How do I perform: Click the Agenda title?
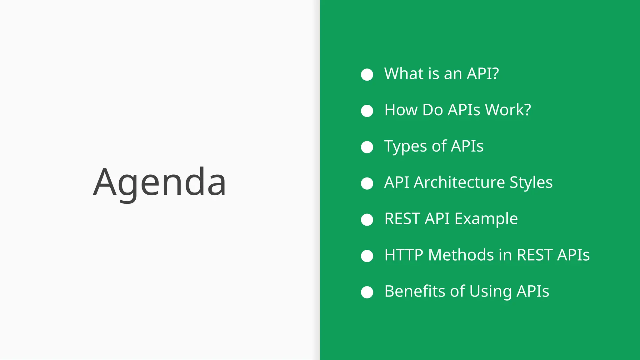pos(159,182)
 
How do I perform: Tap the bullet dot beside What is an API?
pos(367,75)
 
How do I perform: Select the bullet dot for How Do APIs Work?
pos(367,111)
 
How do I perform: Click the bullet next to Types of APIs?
pos(367,147)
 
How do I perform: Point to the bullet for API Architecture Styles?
pos(367,183)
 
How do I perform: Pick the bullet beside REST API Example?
pos(367,220)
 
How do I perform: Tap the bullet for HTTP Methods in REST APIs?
pos(367,256)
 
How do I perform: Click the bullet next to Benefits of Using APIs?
pos(367,292)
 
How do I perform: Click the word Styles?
pos(531,182)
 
